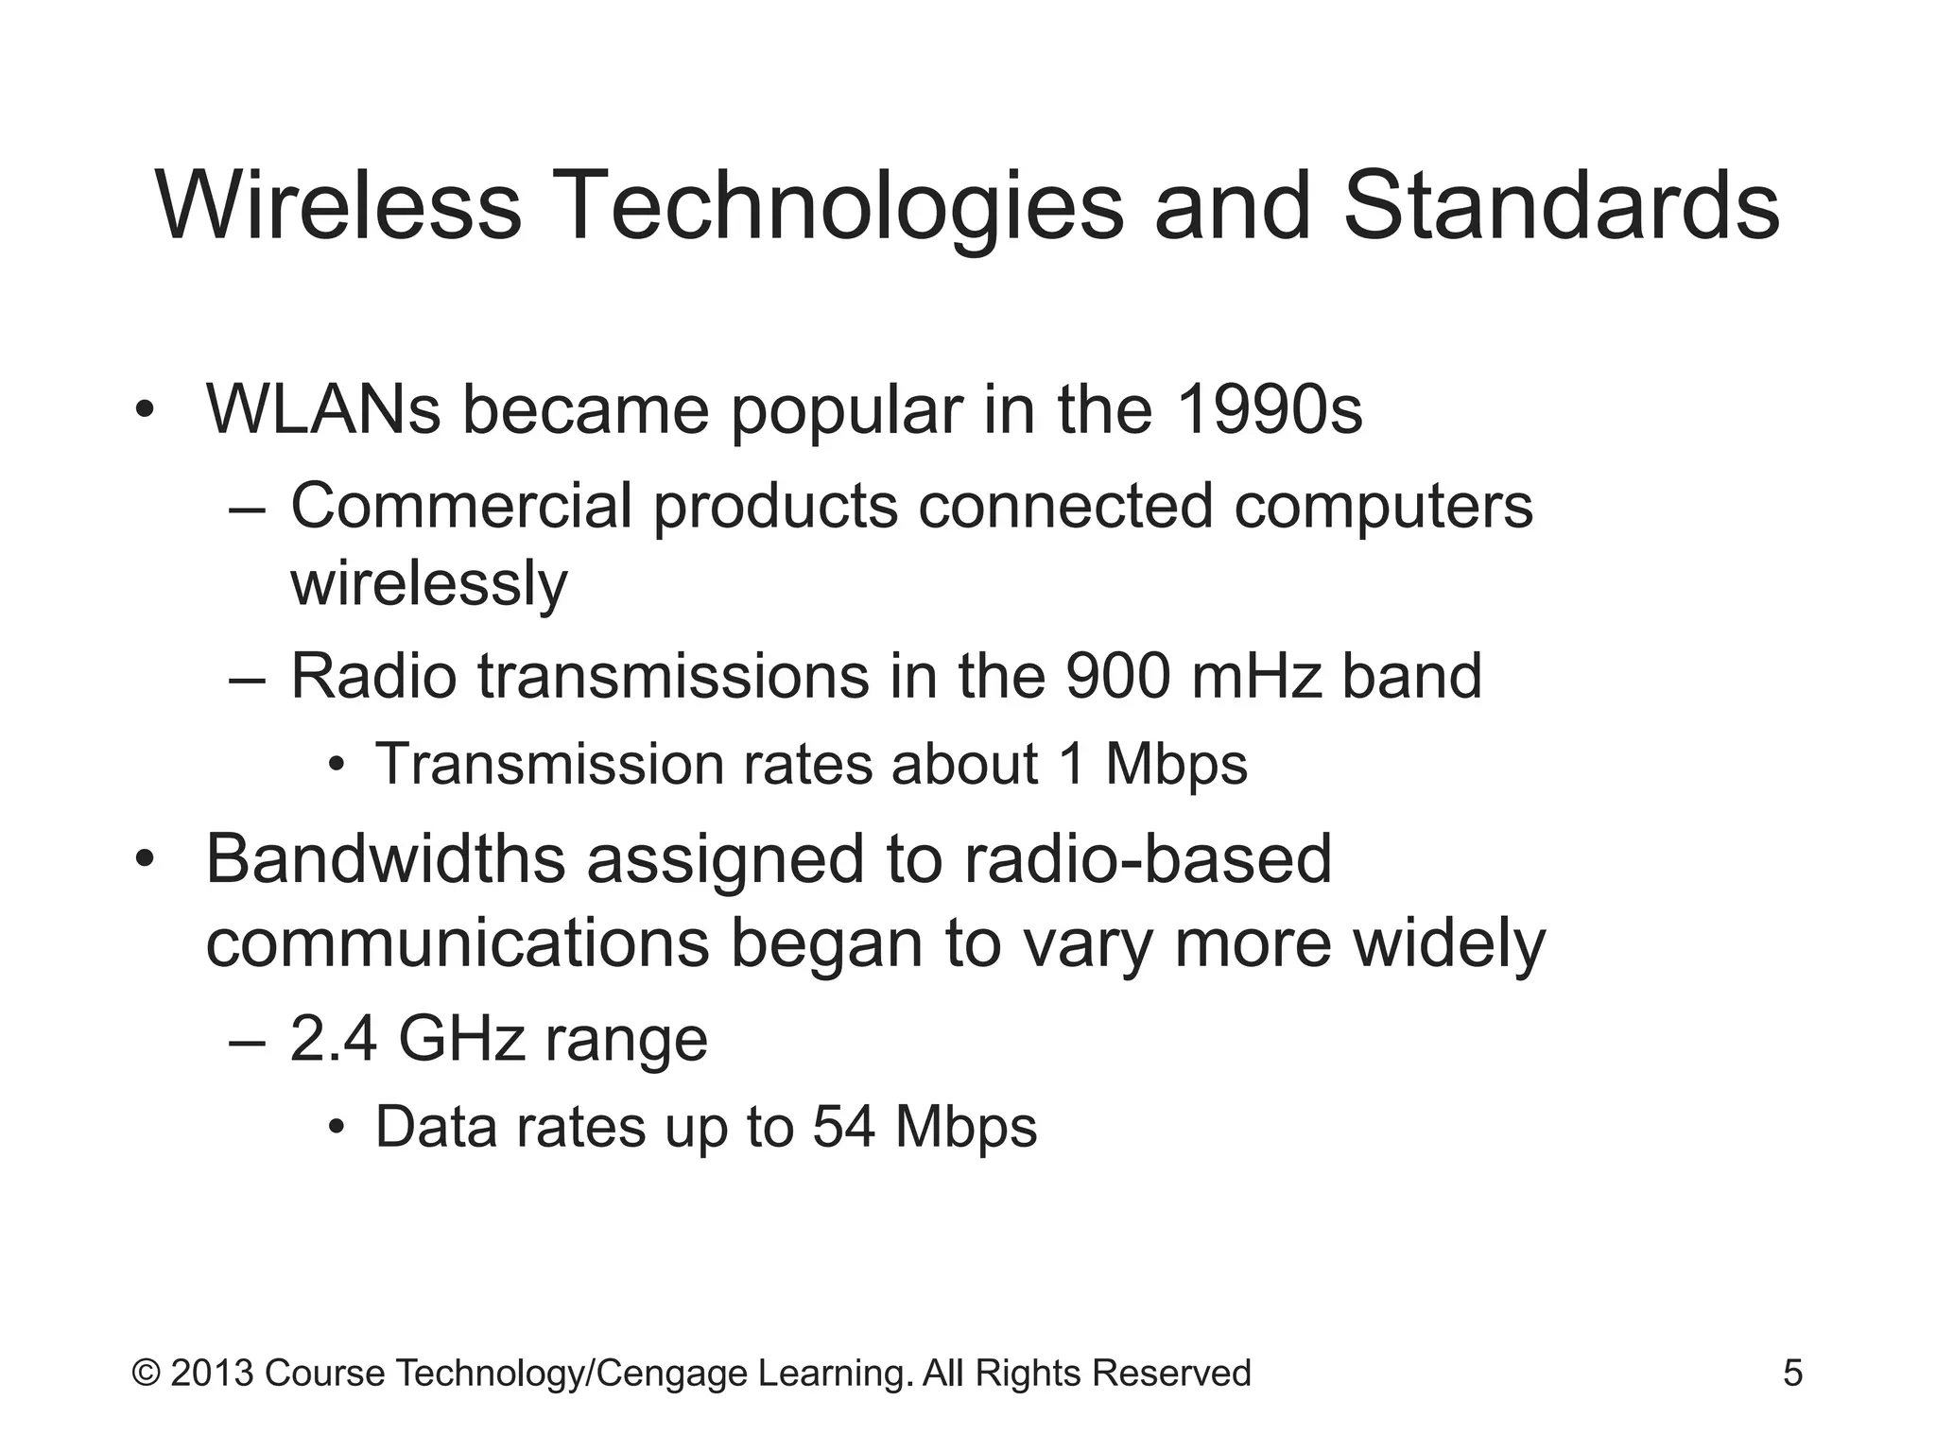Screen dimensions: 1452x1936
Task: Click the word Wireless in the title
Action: point(337,205)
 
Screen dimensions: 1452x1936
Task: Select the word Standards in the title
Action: point(1561,205)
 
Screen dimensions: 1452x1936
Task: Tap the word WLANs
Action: point(323,409)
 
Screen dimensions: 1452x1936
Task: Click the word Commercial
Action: point(460,506)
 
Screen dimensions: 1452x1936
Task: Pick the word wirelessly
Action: point(428,583)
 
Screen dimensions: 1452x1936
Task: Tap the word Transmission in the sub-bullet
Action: point(549,763)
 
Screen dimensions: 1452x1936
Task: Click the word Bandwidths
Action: point(385,858)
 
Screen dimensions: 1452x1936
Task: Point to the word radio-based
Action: point(1148,858)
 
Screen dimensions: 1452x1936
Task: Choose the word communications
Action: point(458,942)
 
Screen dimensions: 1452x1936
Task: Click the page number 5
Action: point(1792,1373)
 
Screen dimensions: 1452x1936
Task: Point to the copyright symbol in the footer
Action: point(146,1373)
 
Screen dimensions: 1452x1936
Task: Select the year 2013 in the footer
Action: point(212,1373)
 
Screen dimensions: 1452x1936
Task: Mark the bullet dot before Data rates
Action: point(336,1129)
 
